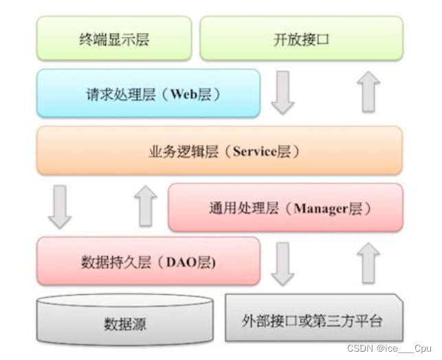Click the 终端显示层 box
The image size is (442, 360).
(x=114, y=39)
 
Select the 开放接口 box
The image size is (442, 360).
(x=301, y=39)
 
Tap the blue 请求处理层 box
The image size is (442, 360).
(x=148, y=93)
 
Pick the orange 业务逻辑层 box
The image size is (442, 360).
(x=219, y=150)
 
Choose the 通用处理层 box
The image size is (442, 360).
(x=285, y=207)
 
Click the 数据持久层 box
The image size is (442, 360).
(x=148, y=261)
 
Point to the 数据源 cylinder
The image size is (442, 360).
(x=124, y=321)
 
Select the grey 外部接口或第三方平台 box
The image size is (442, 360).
(x=313, y=319)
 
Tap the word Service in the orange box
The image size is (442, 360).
(x=254, y=151)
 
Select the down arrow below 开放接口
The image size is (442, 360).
(x=283, y=93)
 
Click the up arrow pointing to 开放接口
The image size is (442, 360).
(x=370, y=93)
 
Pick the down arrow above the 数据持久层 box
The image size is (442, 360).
(x=60, y=207)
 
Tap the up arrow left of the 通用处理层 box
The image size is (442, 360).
(x=145, y=206)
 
